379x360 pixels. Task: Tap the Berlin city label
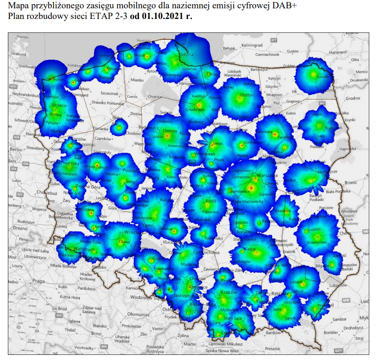[16, 150]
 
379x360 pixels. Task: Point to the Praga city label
[38, 281]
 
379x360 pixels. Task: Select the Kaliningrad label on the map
[251, 45]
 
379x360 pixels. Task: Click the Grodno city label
[353, 98]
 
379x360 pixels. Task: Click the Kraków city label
[229, 292]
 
